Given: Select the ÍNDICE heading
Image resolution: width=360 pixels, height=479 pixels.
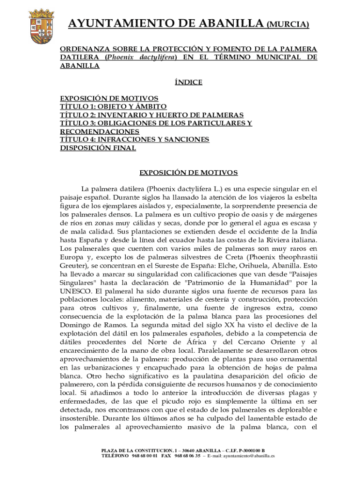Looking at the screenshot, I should tap(188, 82).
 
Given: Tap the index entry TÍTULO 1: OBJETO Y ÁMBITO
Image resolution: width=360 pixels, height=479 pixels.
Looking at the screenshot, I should tap(113, 107).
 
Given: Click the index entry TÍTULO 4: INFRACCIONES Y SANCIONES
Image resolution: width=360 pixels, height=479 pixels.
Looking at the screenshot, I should tap(135, 139).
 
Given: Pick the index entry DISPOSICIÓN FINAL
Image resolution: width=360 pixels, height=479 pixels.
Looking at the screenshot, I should tap(98, 148).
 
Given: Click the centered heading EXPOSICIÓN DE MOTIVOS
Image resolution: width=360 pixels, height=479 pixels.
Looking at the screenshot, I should tap(189, 173).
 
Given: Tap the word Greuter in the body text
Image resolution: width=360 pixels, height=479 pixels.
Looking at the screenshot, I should tap(73, 266).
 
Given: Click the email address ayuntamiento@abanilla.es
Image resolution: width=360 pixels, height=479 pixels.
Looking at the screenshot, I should tap(249, 455).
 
